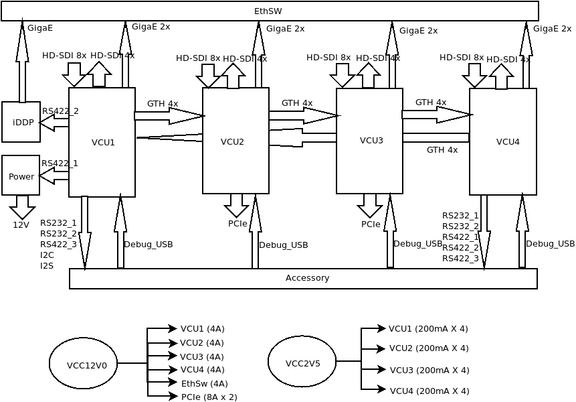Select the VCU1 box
tap(102, 142)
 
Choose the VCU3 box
tap(369, 141)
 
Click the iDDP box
tap(21, 122)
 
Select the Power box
tap(21, 176)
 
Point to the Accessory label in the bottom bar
tap(307, 278)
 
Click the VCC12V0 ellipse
tap(83, 363)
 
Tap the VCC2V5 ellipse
tap(302, 362)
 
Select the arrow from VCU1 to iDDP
tap(54, 123)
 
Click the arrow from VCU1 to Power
tap(54, 176)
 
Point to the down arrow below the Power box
tap(22, 206)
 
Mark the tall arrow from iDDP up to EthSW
tap(22, 64)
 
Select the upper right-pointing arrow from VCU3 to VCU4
tap(436, 115)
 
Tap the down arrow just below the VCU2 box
tap(236, 205)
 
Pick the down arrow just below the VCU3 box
tap(370, 205)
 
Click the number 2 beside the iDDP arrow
tap(76, 111)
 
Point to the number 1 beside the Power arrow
tap(75, 163)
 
